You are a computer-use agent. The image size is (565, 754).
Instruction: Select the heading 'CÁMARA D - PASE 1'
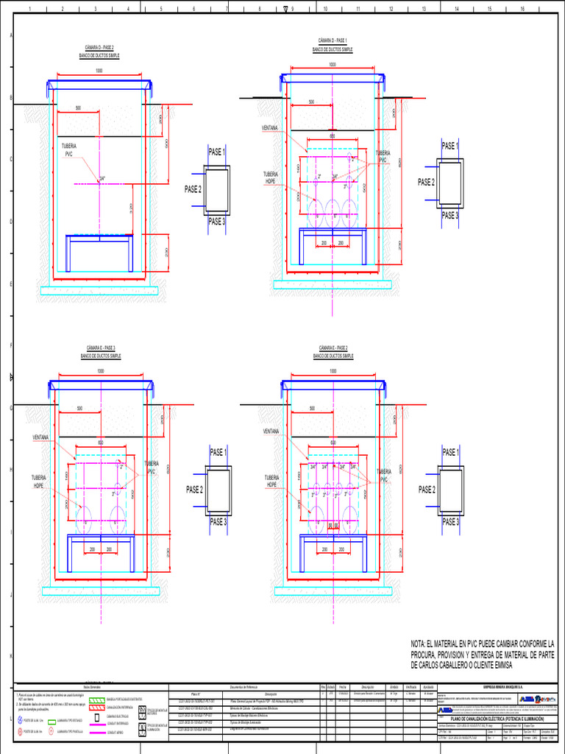333,40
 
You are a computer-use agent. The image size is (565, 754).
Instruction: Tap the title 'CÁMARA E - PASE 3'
101,347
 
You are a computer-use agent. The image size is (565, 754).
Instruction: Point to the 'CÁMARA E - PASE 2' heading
333,347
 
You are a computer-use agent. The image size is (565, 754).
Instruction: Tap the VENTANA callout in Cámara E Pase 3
40,437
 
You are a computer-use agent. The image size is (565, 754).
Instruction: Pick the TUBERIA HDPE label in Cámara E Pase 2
272,482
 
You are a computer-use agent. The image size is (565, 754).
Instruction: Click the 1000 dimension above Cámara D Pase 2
99,71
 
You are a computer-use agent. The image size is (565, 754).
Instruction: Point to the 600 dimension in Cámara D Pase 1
332,136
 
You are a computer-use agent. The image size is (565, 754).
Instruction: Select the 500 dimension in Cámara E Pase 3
80,408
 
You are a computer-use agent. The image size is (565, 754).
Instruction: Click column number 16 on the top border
522,10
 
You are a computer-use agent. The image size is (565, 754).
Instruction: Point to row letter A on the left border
10,36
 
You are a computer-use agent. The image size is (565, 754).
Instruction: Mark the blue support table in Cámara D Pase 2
99,237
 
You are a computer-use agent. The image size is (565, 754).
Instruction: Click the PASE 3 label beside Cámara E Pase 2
450,522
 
